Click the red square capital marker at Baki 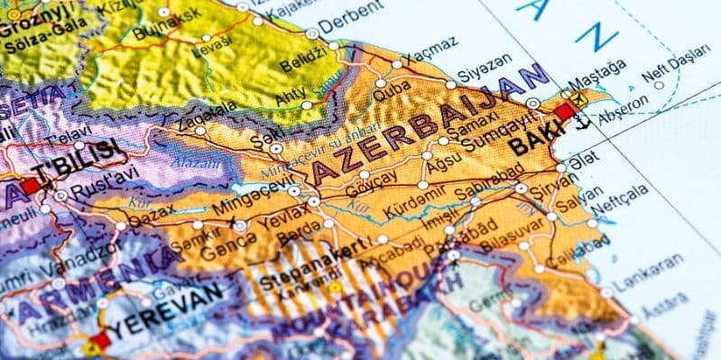(566, 112)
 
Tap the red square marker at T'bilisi (29, 185)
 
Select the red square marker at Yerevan (98, 342)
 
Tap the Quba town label (392, 89)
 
